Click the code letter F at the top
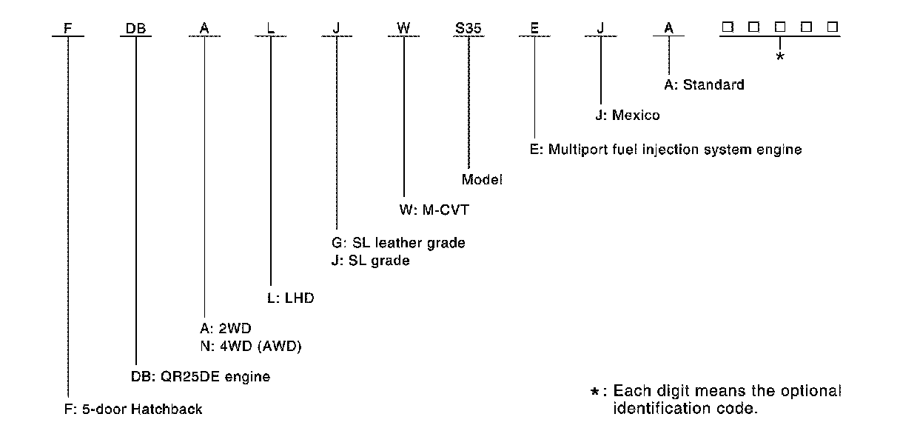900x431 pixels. coord(68,28)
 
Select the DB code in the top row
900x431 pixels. coord(135,28)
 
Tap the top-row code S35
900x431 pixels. coord(469,28)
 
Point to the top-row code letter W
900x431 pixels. coord(403,28)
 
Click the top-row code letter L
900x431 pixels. coord(270,28)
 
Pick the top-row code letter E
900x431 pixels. coord(534,28)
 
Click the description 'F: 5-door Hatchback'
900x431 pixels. coord(133,409)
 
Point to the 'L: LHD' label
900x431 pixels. coord(290,298)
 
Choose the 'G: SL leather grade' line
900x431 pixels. coord(399,243)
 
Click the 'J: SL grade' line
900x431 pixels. coord(371,261)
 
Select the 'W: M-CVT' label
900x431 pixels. coord(434,210)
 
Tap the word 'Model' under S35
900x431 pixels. coord(482,179)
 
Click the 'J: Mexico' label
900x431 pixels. coord(628,116)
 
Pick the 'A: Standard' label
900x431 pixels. coord(703,84)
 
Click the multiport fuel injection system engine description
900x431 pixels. coord(665,150)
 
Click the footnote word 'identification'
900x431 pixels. coord(659,408)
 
